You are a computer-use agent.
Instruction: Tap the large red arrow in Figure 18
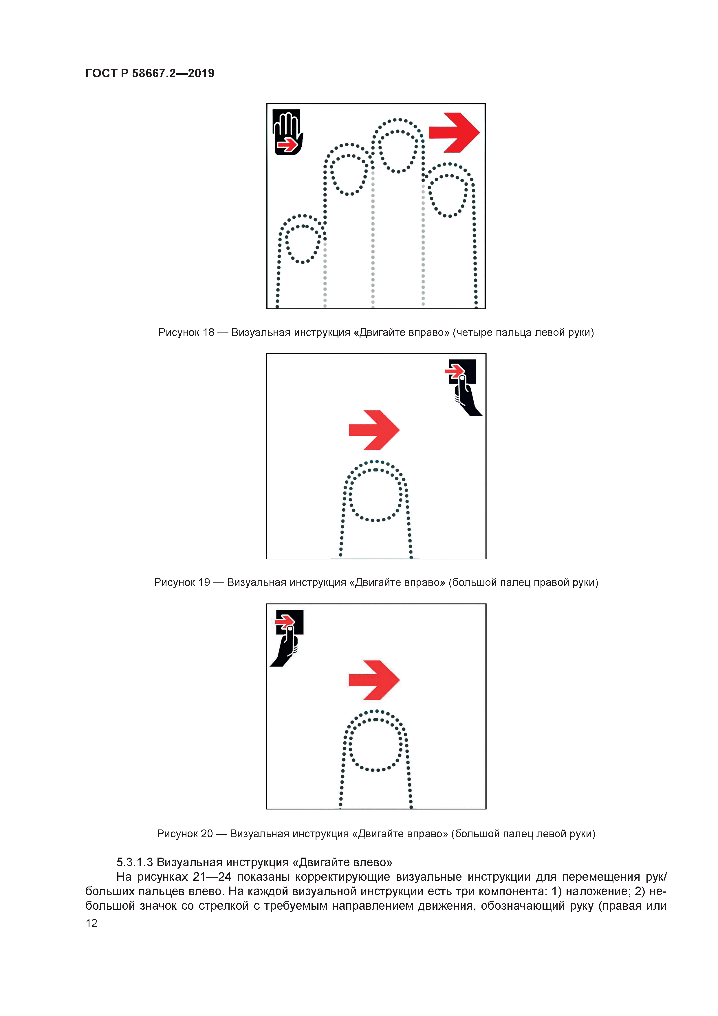click(454, 132)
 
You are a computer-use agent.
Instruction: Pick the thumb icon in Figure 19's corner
click(463, 387)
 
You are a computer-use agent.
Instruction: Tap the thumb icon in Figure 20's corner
click(287, 638)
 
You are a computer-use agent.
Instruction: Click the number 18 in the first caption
click(208, 332)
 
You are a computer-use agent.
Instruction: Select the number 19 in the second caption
click(204, 582)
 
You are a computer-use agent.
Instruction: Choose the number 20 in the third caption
click(207, 834)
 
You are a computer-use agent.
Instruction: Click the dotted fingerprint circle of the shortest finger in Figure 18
click(303, 244)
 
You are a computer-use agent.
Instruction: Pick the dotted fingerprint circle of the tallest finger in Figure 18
click(398, 151)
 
